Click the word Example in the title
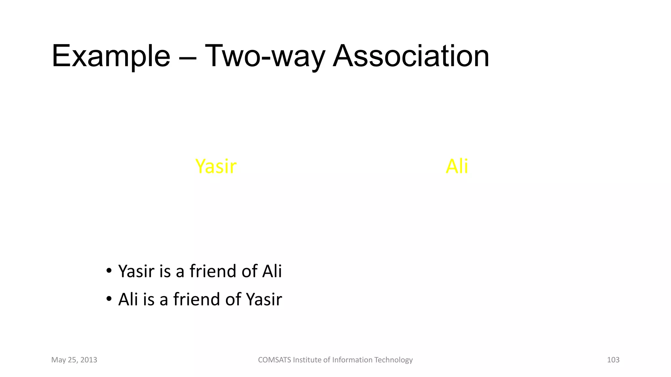point(111,56)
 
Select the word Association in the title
point(411,56)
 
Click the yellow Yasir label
point(216,166)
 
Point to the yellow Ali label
point(457,166)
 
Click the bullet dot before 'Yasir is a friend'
point(109,271)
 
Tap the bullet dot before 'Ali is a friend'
point(109,299)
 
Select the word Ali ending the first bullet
point(272,271)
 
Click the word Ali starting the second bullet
point(128,299)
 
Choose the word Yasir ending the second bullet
point(264,299)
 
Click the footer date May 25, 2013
point(74,360)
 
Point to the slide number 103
point(613,360)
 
